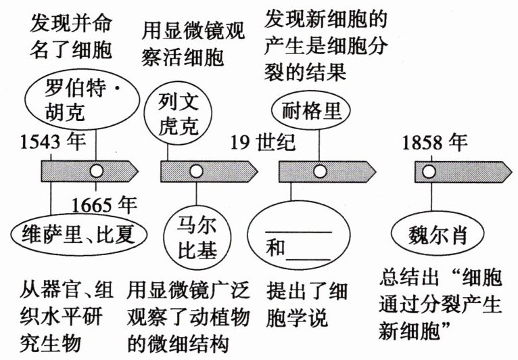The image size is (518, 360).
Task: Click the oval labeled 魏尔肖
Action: [438, 236]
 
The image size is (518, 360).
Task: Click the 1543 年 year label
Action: [49, 142]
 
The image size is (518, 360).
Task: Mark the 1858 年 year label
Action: [434, 142]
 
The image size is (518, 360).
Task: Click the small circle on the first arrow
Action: [97, 171]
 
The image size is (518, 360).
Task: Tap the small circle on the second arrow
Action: [195, 171]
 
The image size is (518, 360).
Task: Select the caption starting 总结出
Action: [441, 305]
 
